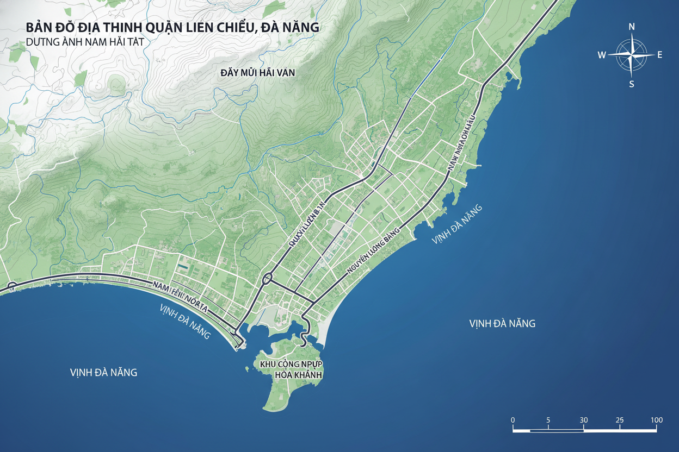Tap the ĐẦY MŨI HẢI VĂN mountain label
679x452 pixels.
[257, 73]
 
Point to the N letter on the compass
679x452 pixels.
[632, 27]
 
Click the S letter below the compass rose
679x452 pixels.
[632, 84]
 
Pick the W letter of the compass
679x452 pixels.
[602, 54]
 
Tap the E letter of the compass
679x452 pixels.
[660, 54]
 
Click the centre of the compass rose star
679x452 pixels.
[631, 55]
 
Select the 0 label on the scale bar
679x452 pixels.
[513, 420]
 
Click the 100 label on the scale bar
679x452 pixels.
[656, 420]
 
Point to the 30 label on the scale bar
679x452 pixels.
[584, 420]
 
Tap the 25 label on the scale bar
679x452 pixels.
[620, 420]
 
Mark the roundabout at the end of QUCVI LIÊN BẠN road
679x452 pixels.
[267, 279]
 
